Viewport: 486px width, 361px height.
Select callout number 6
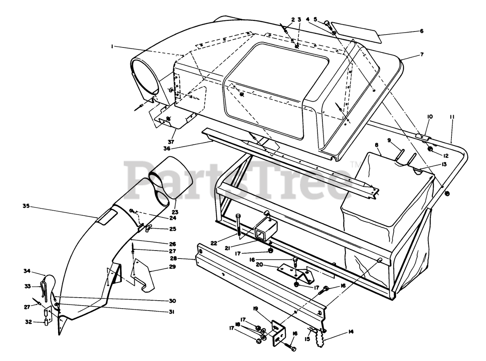tap(421, 31)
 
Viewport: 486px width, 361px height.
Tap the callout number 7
tap(421, 55)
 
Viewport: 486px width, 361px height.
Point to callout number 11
tap(452, 117)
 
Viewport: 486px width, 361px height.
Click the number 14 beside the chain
tap(350, 332)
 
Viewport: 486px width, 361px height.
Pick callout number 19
tap(256, 309)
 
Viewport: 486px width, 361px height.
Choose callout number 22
tap(214, 243)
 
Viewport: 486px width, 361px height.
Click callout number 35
tap(26, 206)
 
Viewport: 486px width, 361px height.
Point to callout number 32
tap(28, 322)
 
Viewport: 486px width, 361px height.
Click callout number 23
tap(175, 212)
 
